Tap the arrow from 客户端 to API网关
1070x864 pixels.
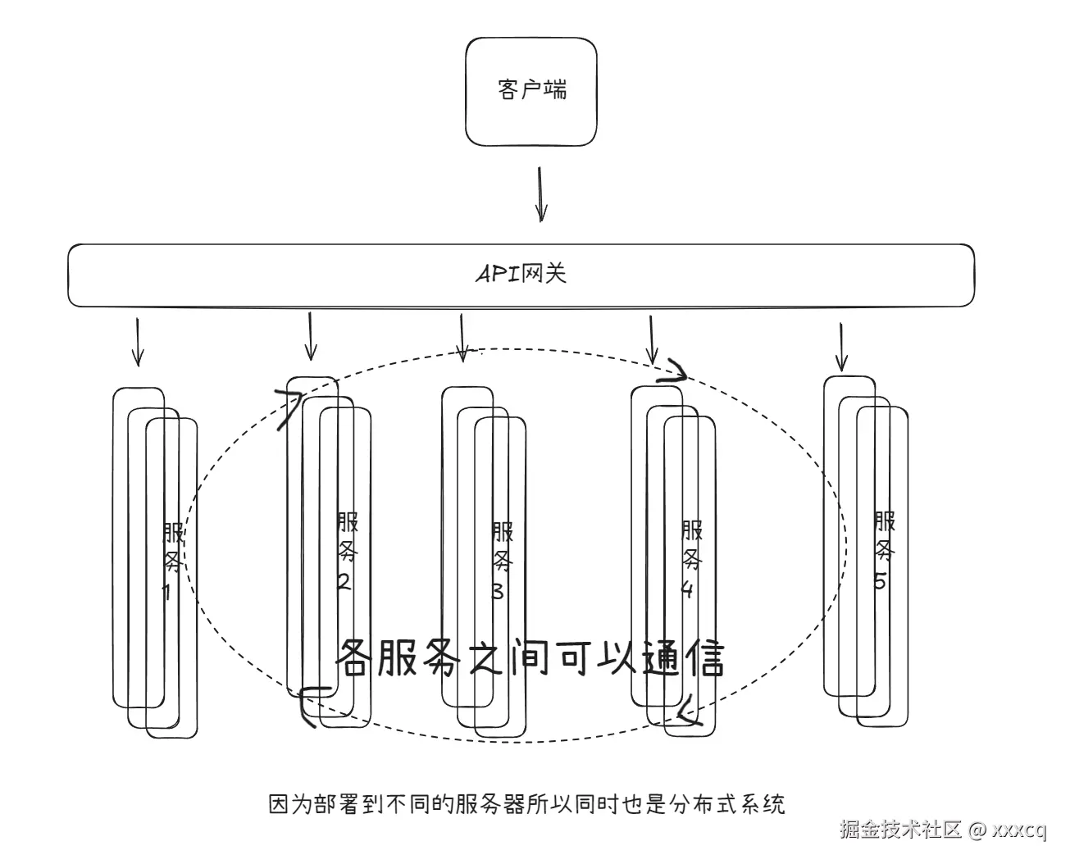click(540, 194)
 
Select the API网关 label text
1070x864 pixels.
click(521, 274)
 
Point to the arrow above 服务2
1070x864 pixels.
click(310, 335)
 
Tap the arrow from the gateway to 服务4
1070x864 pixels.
click(652, 339)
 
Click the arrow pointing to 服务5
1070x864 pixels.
click(840, 346)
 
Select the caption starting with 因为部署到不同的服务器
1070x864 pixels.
click(527, 804)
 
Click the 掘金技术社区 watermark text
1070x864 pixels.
click(899, 830)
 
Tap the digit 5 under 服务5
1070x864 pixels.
click(880, 581)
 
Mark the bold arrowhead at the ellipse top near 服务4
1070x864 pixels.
click(677, 371)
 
